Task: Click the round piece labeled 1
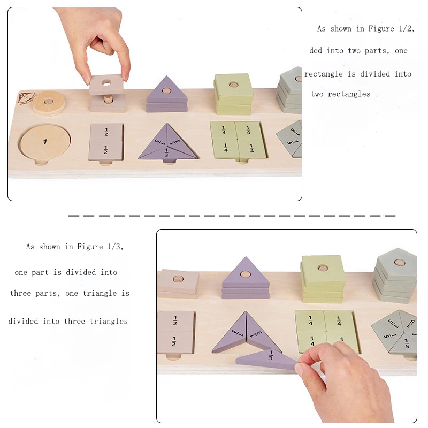point(45,142)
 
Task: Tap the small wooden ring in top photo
point(48,102)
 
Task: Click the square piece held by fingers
point(106,85)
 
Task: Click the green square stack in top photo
point(233,94)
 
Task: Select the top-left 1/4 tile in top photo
point(224,131)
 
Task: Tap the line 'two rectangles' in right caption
point(340,94)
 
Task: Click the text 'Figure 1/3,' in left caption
point(97,247)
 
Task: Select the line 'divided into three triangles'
point(68,321)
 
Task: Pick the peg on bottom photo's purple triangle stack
point(246,274)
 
